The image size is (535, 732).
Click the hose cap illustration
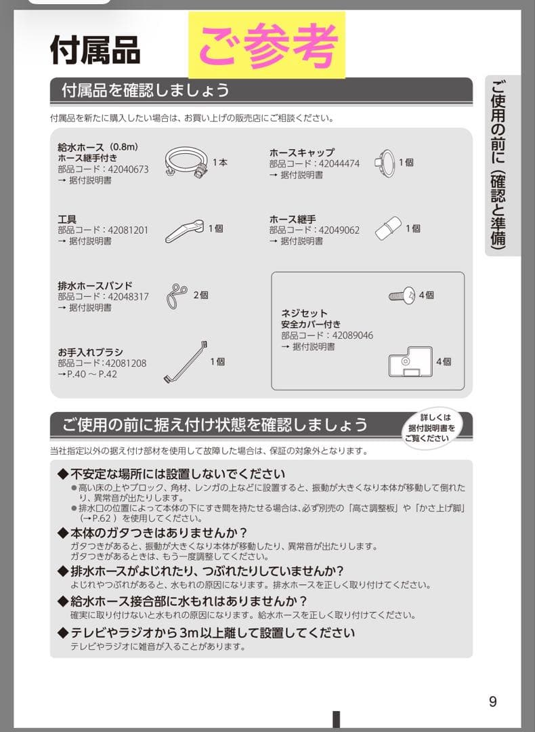(384, 162)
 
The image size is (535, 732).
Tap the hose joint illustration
(388, 229)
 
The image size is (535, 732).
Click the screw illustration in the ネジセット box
(403, 296)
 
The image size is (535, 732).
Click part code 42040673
(126, 169)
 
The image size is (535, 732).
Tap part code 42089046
(351, 335)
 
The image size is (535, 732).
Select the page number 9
(492, 701)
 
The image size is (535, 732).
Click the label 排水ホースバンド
(95, 285)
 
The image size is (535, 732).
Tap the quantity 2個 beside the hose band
(201, 296)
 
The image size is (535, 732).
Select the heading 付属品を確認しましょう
(146, 89)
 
